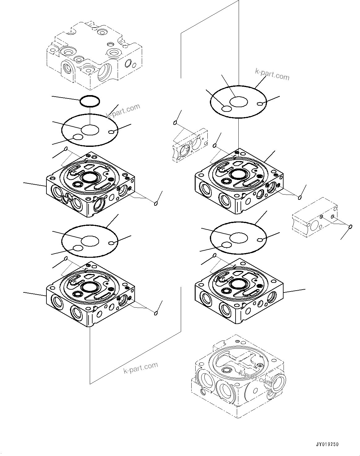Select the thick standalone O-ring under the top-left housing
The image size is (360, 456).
90,101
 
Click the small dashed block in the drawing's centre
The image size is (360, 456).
190,145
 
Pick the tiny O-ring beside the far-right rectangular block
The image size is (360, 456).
350,227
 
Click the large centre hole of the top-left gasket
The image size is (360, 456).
90,130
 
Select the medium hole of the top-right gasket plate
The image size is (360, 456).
227,108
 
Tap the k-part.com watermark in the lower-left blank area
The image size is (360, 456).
141,368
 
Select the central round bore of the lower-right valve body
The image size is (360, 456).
238,283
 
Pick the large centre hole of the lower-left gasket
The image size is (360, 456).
90,241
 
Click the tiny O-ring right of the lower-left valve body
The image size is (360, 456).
156,313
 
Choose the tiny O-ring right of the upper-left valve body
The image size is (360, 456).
156,203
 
